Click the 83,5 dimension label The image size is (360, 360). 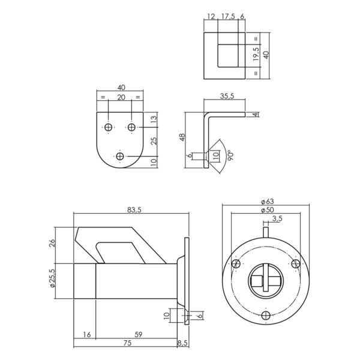click(134, 209)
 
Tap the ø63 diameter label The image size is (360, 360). click(268, 202)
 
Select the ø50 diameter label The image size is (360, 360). click(268, 210)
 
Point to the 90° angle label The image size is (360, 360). click(231, 155)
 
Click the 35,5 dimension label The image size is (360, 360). click(227, 96)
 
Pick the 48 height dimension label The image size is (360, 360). click(182, 137)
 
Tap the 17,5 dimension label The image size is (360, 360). click(228, 16)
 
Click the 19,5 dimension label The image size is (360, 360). click(256, 54)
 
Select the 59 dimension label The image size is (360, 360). click(139, 334)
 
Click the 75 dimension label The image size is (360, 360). click(127, 343)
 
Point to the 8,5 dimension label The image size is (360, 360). click(183, 343)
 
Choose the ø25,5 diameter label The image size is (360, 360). click(52, 278)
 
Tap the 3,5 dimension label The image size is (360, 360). click(277, 218)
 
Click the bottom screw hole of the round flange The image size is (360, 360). click(266, 315)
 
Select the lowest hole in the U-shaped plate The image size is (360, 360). click(120, 157)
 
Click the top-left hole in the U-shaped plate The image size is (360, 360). click(108, 127)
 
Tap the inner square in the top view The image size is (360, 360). click(228, 56)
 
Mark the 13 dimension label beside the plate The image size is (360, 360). click(154, 119)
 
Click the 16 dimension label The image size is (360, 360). click(87, 334)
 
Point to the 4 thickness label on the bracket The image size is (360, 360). click(256, 115)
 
